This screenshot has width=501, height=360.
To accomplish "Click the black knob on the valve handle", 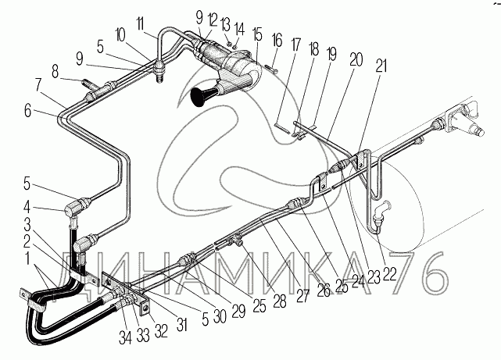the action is pyautogui.click(x=202, y=96).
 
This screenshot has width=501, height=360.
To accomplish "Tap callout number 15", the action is pyautogui.click(x=256, y=35).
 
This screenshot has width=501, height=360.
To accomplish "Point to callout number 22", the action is pyautogui.click(x=389, y=273).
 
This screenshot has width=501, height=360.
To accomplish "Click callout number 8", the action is pyautogui.click(x=55, y=72).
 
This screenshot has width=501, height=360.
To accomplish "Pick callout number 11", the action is pyautogui.click(x=140, y=24).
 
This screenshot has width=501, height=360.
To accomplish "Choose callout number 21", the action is pyautogui.click(x=381, y=66).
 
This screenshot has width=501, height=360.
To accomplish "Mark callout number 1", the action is pyautogui.click(x=27, y=258).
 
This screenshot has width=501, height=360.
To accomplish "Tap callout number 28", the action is pyautogui.click(x=280, y=301).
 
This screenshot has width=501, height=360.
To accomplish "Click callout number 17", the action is pyautogui.click(x=296, y=45).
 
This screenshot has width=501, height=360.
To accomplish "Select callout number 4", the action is pyautogui.click(x=27, y=208).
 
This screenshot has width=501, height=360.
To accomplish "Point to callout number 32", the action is pyautogui.click(x=161, y=331).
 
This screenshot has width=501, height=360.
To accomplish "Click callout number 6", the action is pyautogui.click(x=28, y=112).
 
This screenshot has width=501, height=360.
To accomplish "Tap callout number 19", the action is pyautogui.click(x=331, y=54).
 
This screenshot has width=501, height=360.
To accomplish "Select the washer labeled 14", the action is pyautogui.click(x=235, y=46).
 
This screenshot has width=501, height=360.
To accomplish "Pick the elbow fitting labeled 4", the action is pyautogui.click(x=74, y=212).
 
